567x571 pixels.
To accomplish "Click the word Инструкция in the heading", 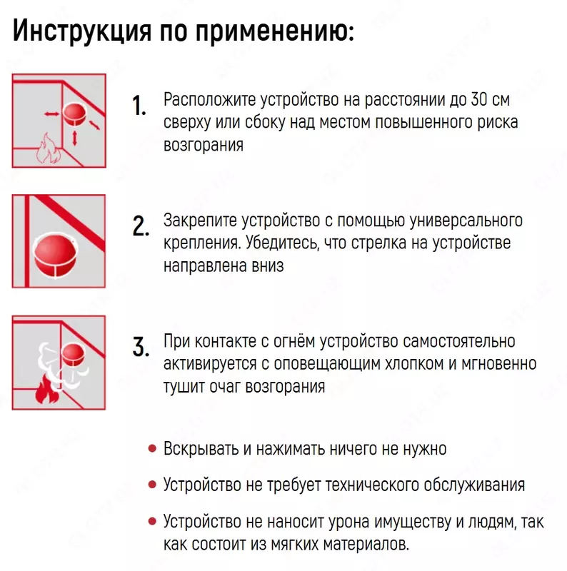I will pyautogui.click(x=79, y=31).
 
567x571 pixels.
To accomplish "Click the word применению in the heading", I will pyautogui.click(x=275, y=31).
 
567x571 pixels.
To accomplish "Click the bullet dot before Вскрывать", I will pyautogui.click(x=151, y=449).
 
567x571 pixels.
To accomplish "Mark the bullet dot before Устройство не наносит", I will pyautogui.click(x=151, y=521).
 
